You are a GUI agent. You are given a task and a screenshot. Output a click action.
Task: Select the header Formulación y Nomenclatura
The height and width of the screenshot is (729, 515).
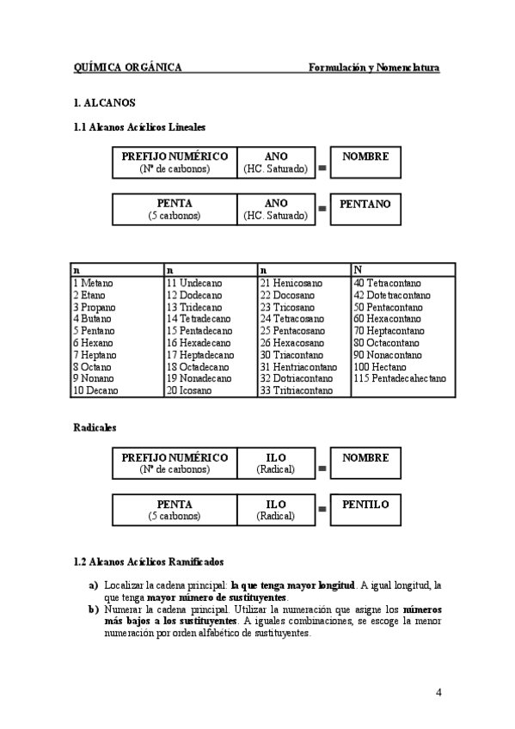tap(374, 67)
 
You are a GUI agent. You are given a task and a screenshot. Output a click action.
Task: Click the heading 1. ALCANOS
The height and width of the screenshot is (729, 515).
tap(104, 102)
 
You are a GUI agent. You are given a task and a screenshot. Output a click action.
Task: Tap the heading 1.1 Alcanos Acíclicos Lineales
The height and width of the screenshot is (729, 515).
tap(139, 127)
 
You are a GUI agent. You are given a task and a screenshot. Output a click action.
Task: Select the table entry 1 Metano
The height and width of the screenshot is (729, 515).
tap(93, 282)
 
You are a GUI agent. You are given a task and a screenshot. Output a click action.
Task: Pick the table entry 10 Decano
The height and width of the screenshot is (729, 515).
tap(95, 390)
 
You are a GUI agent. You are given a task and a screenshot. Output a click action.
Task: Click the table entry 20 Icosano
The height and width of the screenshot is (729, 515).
tap(190, 390)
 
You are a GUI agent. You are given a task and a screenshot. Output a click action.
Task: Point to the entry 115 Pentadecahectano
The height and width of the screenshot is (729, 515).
tap(399, 378)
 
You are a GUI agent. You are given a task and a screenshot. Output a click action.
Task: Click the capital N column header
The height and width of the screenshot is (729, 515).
tap(358, 269)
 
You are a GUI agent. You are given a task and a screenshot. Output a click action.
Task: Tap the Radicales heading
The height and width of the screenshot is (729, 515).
tap(95, 426)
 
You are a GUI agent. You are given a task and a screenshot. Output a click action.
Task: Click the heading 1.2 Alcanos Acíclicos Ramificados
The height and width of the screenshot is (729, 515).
tap(149, 562)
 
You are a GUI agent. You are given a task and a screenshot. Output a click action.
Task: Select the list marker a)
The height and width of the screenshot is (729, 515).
tap(93, 585)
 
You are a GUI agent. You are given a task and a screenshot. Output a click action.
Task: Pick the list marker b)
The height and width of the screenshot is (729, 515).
tap(93, 610)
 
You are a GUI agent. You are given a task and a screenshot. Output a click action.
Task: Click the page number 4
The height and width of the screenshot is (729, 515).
tap(438, 694)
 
